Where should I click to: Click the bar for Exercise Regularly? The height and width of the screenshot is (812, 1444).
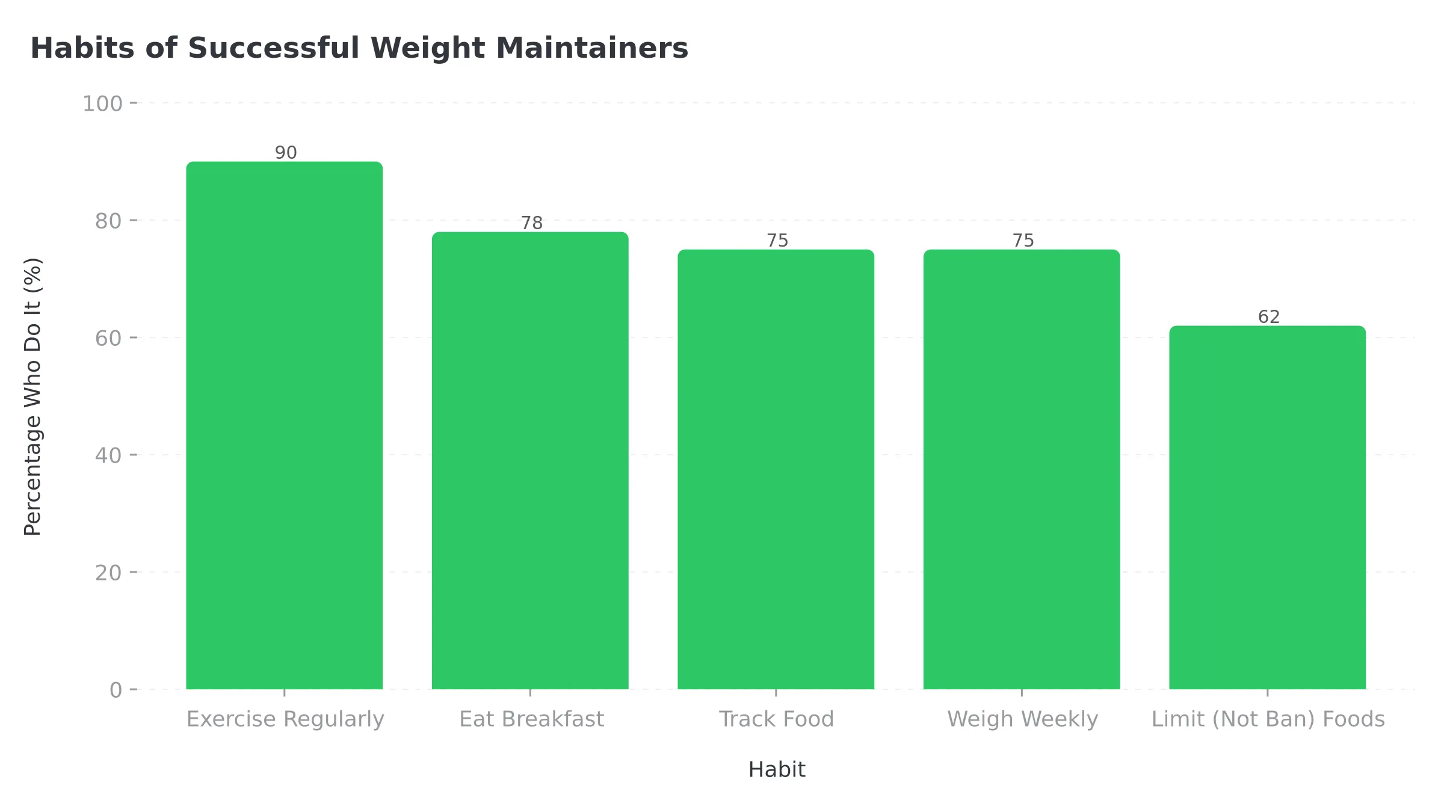click(x=284, y=425)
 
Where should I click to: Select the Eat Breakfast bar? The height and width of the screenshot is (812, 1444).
click(x=530, y=461)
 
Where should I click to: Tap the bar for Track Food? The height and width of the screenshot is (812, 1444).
click(x=776, y=469)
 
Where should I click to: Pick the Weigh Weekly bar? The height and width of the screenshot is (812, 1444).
click(x=1022, y=469)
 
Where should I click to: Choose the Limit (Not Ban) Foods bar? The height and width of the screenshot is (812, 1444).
click(x=1267, y=507)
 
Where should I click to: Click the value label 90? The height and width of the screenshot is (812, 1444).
click(x=286, y=153)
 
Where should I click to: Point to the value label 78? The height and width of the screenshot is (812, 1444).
click(x=532, y=223)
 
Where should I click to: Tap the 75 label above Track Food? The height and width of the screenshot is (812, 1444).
click(x=777, y=241)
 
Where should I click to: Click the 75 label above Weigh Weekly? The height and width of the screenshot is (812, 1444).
click(x=1023, y=241)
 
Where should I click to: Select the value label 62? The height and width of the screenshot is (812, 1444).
click(x=1269, y=317)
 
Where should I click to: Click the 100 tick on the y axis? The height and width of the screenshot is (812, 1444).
click(x=102, y=103)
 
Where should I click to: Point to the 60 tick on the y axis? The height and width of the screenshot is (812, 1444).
click(x=108, y=338)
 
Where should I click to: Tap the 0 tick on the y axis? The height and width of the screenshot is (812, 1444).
click(x=116, y=690)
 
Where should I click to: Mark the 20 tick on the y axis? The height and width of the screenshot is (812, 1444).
click(x=108, y=573)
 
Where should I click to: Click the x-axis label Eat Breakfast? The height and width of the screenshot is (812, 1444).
click(x=531, y=719)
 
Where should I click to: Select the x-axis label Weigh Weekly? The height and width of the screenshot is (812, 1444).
click(x=1022, y=719)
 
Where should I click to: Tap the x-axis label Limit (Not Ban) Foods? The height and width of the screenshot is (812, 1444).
click(x=1268, y=719)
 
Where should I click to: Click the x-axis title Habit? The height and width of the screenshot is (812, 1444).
click(x=776, y=770)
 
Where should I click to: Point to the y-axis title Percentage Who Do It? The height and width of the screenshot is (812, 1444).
click(x=32, y=397)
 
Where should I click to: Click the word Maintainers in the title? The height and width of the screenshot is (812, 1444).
click(x=591, y=48)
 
